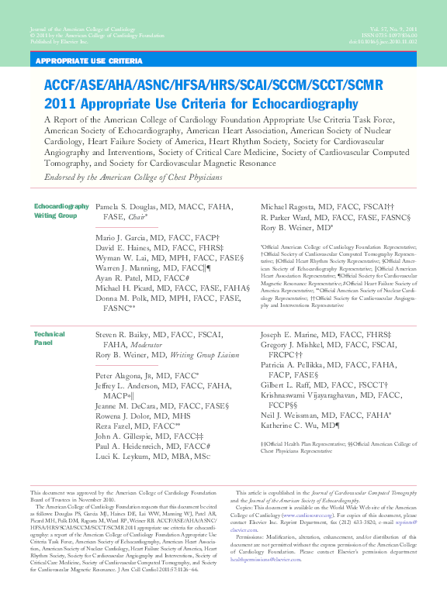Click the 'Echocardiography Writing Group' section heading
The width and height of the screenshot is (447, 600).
tap(61, 211)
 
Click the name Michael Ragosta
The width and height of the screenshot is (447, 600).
tap(292, 207)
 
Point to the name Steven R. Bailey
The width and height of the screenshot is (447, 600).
tap(124, 334)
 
